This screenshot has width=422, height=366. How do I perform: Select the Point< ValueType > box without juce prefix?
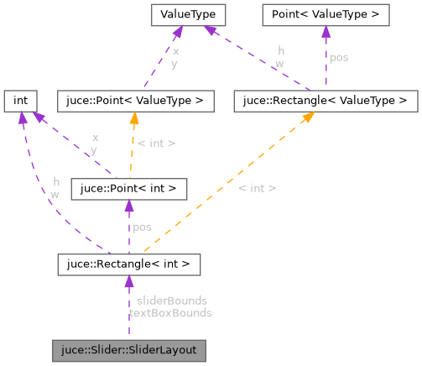click(325, 14)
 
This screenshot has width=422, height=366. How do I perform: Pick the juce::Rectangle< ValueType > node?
click(326, 102)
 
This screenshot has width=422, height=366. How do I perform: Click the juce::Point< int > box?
click(128, 189)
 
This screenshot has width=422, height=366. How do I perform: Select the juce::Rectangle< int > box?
click(128, 265)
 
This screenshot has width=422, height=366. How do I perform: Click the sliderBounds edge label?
click(171, 300)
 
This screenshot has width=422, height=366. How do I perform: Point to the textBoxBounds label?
click(170, 312)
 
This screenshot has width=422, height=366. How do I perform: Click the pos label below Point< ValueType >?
click(339, 59)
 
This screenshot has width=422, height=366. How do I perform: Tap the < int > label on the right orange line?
click(257, 187)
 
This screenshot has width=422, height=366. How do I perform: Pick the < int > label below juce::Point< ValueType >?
click(156, 144)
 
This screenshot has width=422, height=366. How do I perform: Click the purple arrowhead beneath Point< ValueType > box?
click(325, 32)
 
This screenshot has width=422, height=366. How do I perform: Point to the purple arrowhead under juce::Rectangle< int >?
click(128, 283)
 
